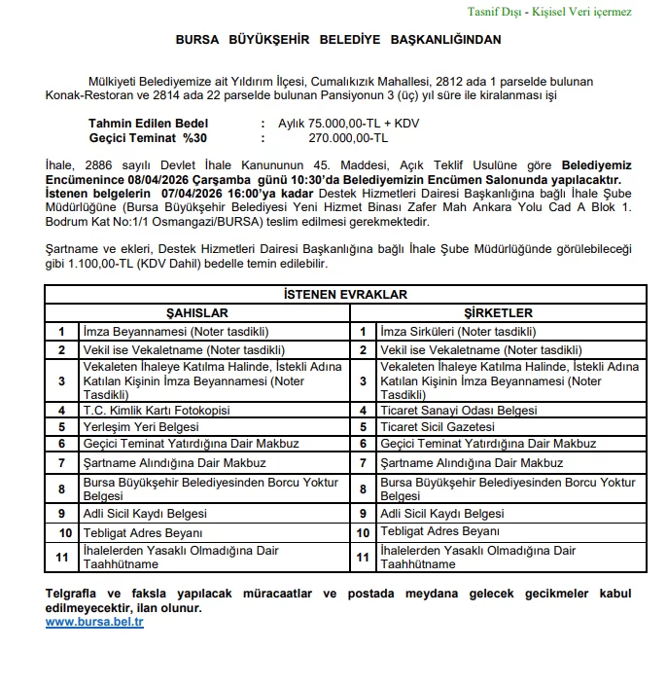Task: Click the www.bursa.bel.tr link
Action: tap(94, 622)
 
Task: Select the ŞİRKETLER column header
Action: tap(497, 313)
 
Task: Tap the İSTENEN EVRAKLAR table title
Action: tap(345, 295)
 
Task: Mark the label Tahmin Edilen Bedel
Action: tap(149, 125)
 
